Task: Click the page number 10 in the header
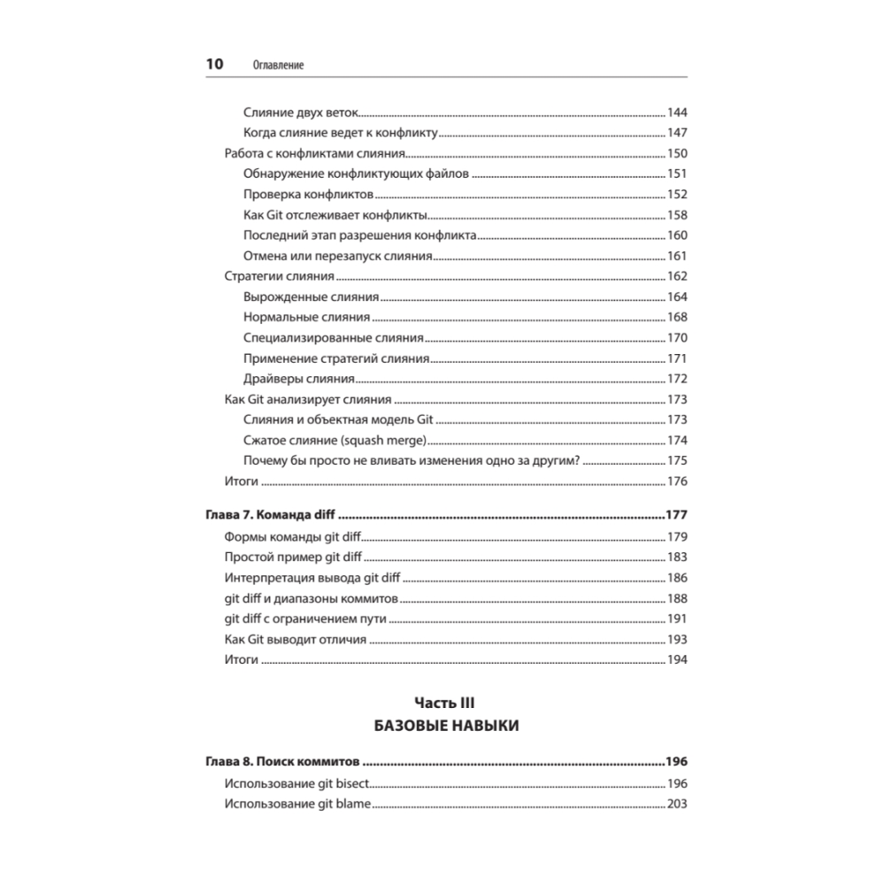[x=214, y=65]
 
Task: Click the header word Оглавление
[x=279, y=65]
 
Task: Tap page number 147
[x=677, y=134]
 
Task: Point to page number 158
[x=677, y=215]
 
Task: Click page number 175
[x=677, y=460]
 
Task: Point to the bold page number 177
[x=676, y=514]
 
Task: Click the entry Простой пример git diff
[x=293, y=558]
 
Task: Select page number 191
[x=677, y=619]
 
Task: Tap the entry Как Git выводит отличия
[x=296, y=639]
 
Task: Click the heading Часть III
[x=446, y=703]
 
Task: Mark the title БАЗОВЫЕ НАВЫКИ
[x=446, y=727]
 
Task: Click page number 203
[x=677, y=804]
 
